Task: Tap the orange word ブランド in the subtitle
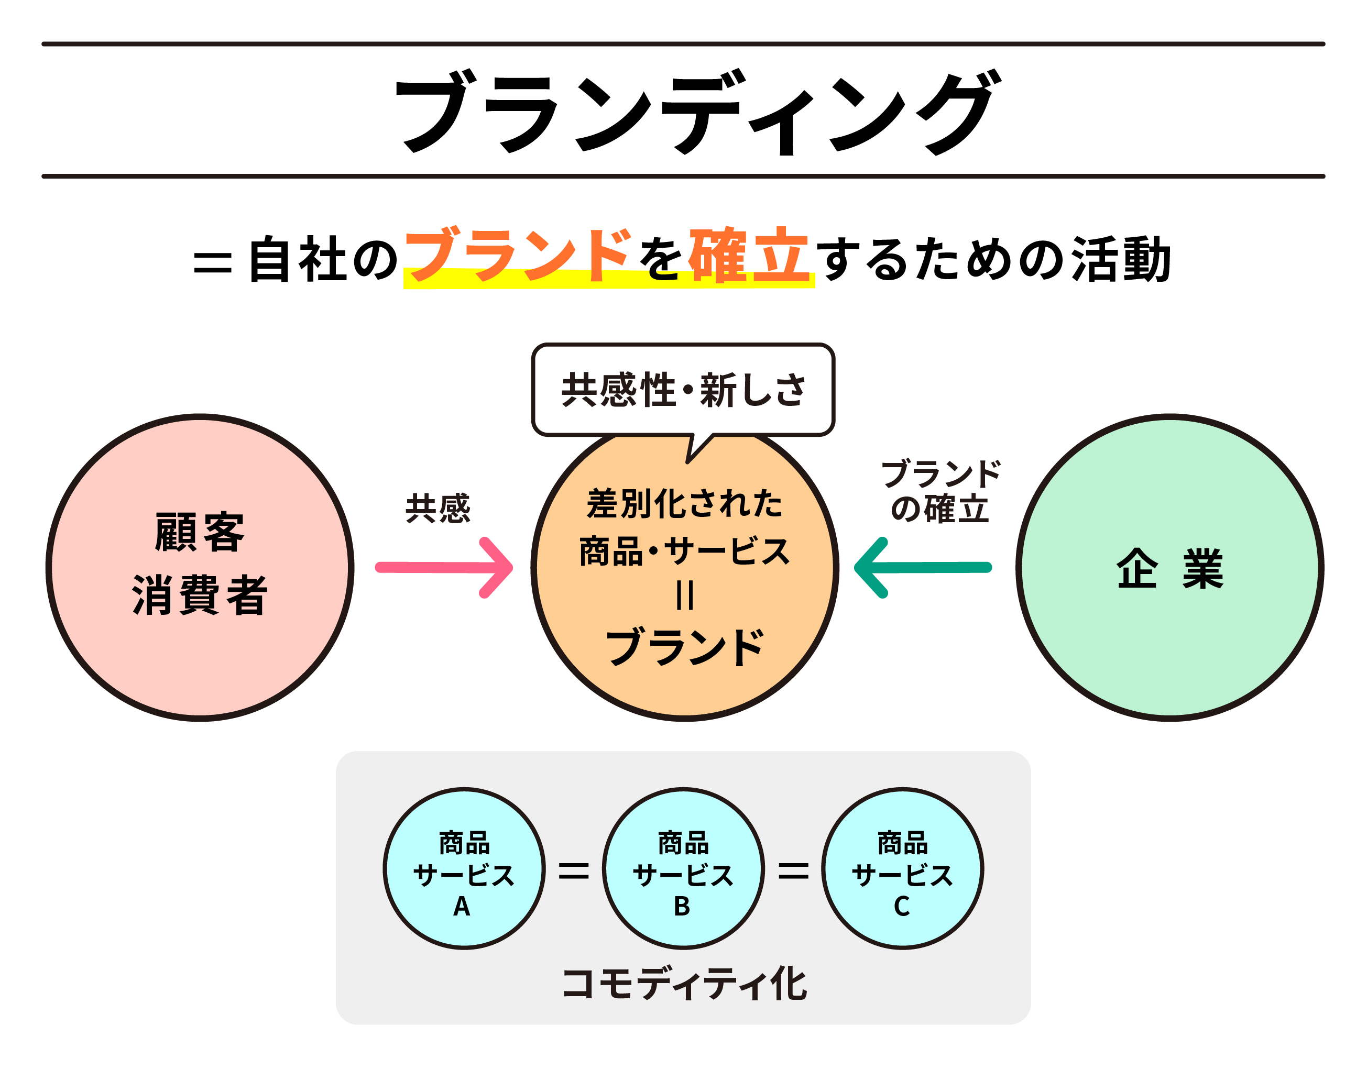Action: [x=518, y=255]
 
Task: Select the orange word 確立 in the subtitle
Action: [x=749, y=255]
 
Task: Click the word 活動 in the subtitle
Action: [x=1121, y=259]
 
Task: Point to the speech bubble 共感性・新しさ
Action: [x=683, y=390]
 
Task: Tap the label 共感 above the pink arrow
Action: [x=438, y=508]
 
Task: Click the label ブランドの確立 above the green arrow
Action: [x=940, y=492]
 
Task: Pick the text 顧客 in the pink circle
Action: [x=199, y=532]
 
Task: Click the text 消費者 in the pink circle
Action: [x=199, y=595]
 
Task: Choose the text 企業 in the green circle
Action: [x=1169, y=569]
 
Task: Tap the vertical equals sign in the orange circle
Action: [x=684, y=595]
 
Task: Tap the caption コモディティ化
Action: [x=683, y=984]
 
